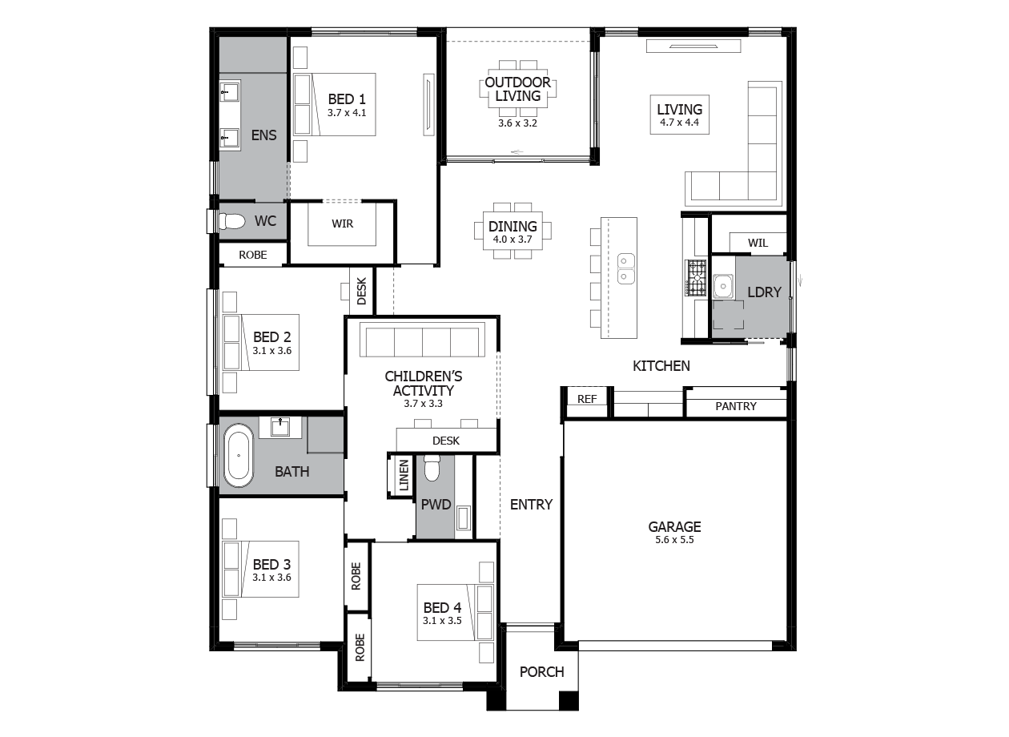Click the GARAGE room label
pyautogui.click(x=674, y=527)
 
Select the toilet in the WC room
pyautogui.click(x=232, y=221)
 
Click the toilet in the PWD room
pyautogui.click(x=432, y=468)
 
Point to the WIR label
pyautogui.click(x=342, y=224)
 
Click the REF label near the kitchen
pyautogui.click(x=587, y=399)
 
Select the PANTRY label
pyautogui.click(x=735, y=406)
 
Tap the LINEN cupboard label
pyautogui.click(x=404, y=475)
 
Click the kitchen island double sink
pyautogui.click(x=625, y=268)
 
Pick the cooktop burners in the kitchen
pyautogui.click(x=697, y=278)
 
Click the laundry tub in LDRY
pyautogui.click(x=723, y=285)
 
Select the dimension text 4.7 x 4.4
pyautogui.click(x=679, y=123)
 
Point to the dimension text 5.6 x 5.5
pyautogui.click(x=674, y=541)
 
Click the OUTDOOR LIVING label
pyautogui.click(x=517, y=89)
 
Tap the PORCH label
pyautogui.click(x=541, y=671)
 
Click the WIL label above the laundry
pyautogui.click(x=757, y=243)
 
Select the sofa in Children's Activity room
pyautogui.click(x=422, y=341)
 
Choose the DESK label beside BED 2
pyautogui.click(x=361, y=291)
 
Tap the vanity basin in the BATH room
pyautogui.click(x=280, y=426)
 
